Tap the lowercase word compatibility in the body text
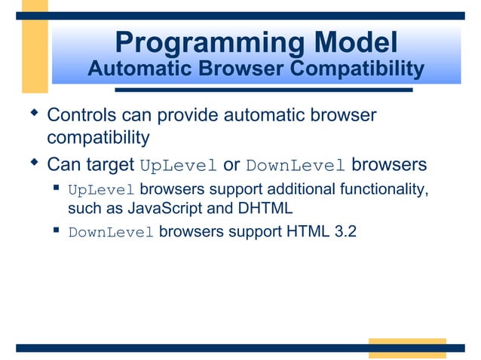coord(98,138)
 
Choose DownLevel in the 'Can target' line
coord(296,166)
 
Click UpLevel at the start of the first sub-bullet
coord(101,190)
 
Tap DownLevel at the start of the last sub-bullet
coord(111,233)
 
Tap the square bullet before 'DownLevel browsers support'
coord(57,230)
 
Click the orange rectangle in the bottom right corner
coord(407,348)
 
